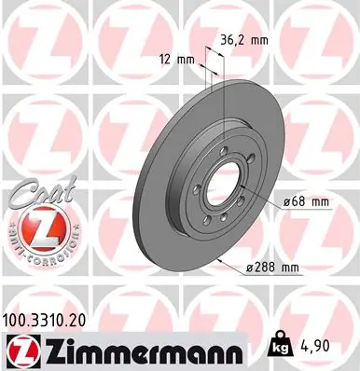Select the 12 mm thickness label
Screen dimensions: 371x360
click(183, 60)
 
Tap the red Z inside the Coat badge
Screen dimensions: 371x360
click(33, 227)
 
